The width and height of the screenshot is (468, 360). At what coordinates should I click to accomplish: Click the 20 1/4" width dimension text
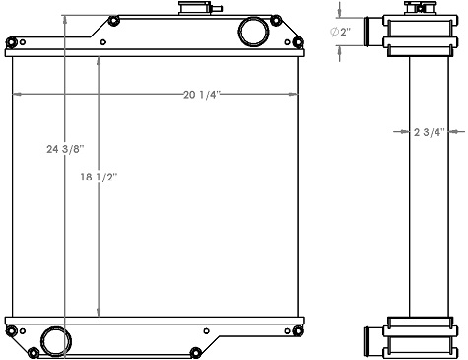[201, 95]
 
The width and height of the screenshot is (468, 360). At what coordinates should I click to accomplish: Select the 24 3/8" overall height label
[65, 149]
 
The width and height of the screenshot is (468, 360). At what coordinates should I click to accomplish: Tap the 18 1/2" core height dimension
[100, 178]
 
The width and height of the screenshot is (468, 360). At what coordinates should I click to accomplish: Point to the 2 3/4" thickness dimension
[430, 131]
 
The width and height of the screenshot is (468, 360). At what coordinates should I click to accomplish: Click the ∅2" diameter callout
[339, 32]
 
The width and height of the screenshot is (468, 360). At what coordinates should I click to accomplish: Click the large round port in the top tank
[252, 31]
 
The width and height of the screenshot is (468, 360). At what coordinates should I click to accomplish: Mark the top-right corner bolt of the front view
[296, 41]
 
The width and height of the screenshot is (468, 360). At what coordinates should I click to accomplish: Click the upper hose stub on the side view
[368, 33]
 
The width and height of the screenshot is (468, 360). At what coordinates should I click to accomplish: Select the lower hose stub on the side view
[368, 339]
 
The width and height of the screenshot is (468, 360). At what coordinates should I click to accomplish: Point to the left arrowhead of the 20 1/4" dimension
[14, 95]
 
